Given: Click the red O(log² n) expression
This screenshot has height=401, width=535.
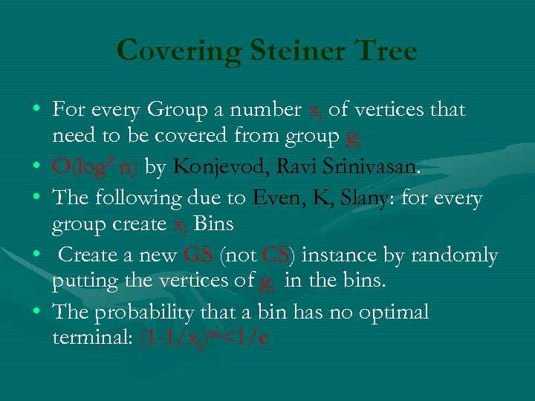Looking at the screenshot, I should click(x=95, y=166).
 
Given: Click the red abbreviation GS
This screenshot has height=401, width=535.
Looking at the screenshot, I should click(x=198, y=255).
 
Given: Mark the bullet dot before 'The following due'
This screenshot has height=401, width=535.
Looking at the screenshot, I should click(x=36, y=198).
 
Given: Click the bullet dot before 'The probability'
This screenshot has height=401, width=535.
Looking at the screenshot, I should click(x=36, y=311).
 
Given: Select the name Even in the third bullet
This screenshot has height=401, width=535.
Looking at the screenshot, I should click(x=275, y=199).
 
